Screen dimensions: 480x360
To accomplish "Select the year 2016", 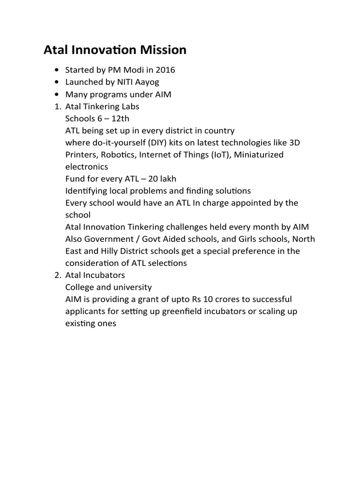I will click(x=165, y=70).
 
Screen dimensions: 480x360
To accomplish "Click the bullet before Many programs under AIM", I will click(x=57, y=95).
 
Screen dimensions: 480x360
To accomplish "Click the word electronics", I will click(x=87, y=167).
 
